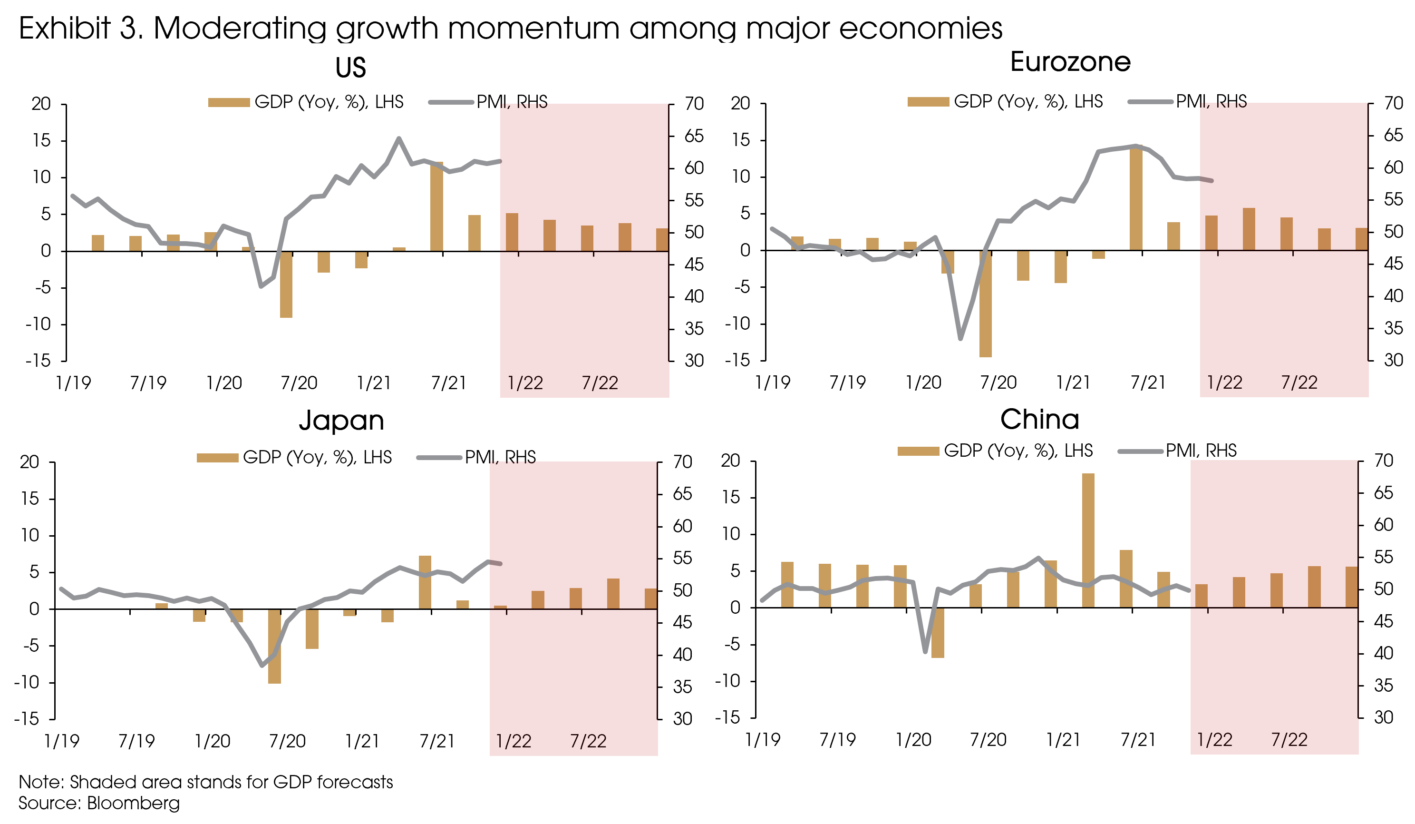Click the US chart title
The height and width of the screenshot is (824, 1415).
pos(350,68)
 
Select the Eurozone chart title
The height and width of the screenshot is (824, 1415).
pos(1070,62)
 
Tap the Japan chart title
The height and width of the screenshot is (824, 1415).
pos(341,420)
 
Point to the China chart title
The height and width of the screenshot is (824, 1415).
pos(1039,419)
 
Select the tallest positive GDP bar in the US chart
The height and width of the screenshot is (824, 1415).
pos(436,206)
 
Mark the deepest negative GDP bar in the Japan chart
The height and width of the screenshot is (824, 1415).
pos(274,646)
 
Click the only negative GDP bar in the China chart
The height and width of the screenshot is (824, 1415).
pos(937,632)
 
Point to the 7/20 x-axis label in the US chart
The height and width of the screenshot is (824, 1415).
pos(299,383)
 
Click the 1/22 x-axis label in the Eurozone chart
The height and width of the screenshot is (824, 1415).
pos(1224,383)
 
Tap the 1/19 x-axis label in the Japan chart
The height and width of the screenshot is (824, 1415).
pos(62,741)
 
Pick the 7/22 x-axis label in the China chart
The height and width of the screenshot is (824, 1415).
pos(1289,740)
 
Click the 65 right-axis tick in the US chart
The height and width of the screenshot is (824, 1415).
pos(694,136)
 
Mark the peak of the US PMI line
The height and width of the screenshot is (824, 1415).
pos(398,138)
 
